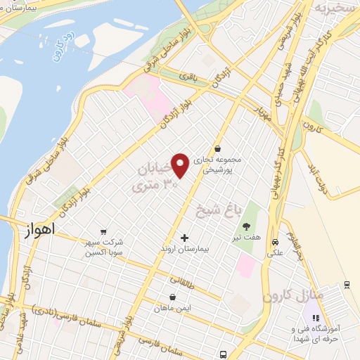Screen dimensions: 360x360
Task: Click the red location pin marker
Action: coord(180,165)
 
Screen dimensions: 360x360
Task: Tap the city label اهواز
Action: coord(39,229)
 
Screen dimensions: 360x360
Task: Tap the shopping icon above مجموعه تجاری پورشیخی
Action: coord(218,149)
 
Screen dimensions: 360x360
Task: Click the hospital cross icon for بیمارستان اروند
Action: coord(185,238)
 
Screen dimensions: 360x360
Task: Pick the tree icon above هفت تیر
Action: coord(247,226)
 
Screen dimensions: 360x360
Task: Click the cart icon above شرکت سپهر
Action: coord(104,232)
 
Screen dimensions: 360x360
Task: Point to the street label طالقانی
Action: coord(196,281)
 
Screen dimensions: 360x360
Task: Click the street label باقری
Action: coord(187,73)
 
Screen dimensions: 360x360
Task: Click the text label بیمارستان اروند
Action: coord(185,250)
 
